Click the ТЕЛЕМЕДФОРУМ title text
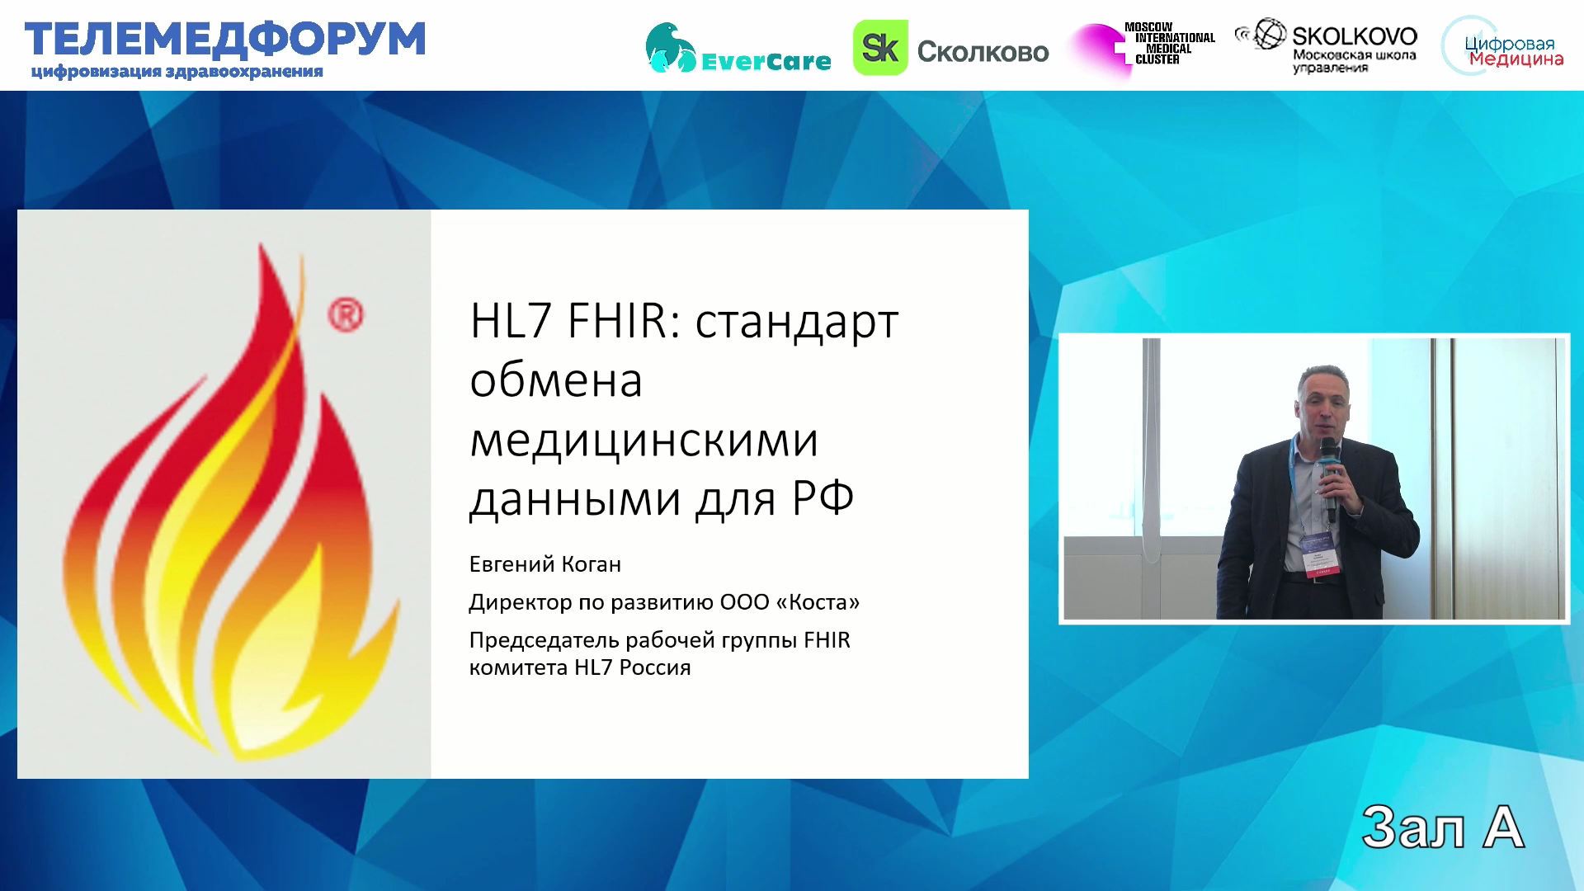[x=225, y=40]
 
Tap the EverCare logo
[x=738, y=48]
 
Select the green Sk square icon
[x=879, y=48]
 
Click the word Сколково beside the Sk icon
[x=983, y=52]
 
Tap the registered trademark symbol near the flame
[x=346, y=316]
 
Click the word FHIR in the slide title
[x=623, y=321]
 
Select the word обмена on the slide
[x=556, y=380]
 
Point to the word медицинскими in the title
[x=643, y=440]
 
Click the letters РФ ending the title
[x=823, y=498]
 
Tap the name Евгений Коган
[x=545, y=564]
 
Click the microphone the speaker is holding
[x=1329, y=479]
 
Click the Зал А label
[x=1442, y=827]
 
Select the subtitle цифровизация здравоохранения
[x=177, y=72]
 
